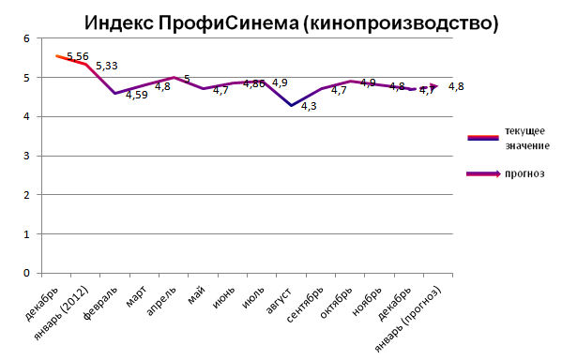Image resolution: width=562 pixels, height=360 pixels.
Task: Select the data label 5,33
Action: coord(107,66)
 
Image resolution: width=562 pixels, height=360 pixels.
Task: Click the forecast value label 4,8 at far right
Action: coord(456,87)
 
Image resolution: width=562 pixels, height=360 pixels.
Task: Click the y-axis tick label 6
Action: coord(27,38)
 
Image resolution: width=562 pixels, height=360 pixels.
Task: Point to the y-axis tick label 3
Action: coord(27,156)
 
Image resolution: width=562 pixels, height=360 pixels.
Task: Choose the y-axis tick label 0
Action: coord(27,273)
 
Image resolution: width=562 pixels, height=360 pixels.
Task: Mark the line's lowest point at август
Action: coord(292,105)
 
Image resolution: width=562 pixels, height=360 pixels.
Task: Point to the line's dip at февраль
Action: coord(114,93)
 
